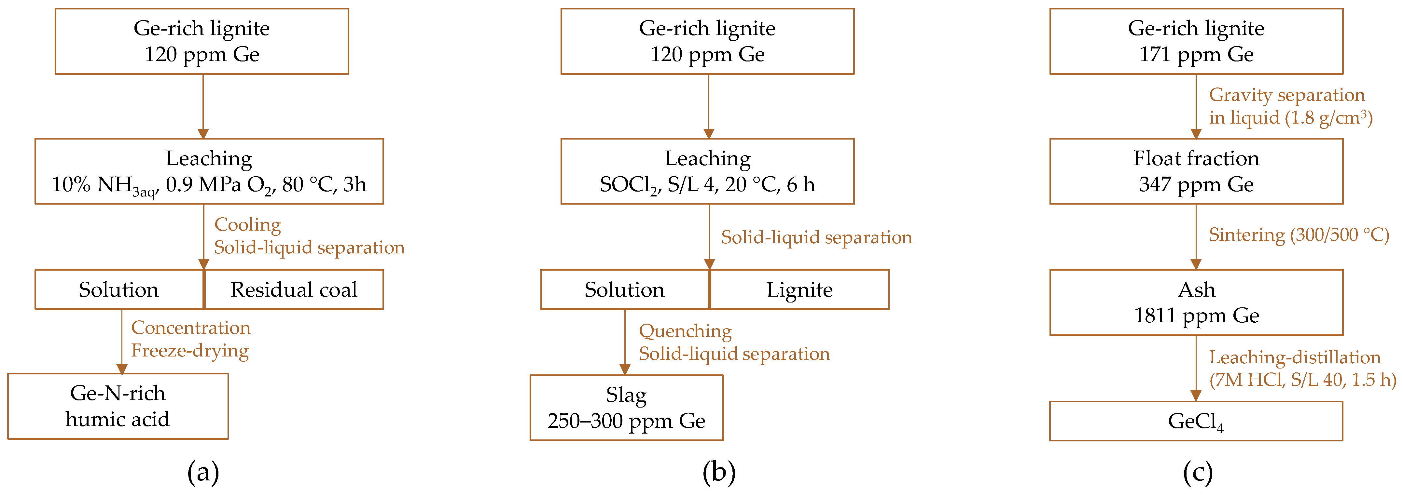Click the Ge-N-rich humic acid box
[118, 406]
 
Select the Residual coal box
[294, 289]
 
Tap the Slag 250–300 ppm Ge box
[626, 408]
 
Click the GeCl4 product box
[1196, 421]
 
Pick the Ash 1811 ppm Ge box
[1196, 303]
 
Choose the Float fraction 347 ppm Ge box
[1196, 171]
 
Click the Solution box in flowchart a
[119, 289]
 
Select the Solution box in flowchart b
[625, 289]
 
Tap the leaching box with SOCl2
[707, 171]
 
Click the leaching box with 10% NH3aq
[209, 171]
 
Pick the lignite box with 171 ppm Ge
[1196, 41]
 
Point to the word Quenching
[685, 331]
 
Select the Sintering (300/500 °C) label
[1299, 235]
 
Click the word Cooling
[247, 224]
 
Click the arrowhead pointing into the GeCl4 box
[1196, 396]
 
